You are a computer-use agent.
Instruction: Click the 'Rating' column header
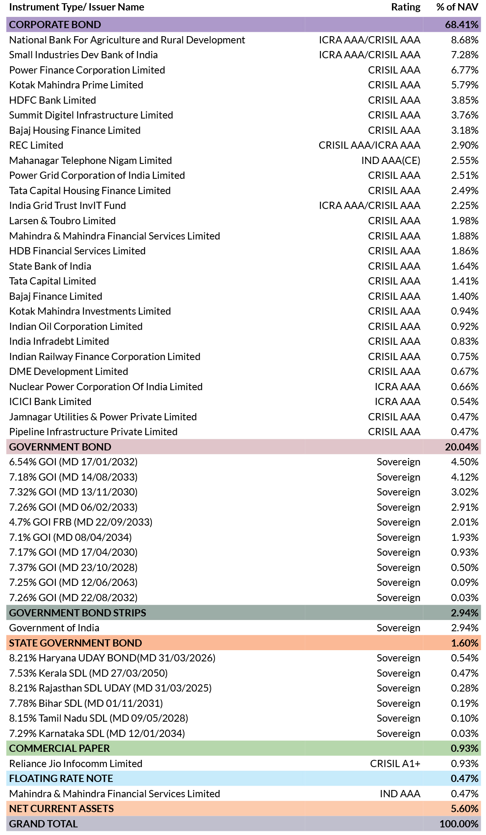tap(406, 7)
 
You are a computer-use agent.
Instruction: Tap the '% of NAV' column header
tap(457, 7)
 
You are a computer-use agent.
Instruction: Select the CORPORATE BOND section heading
tap(55, 25)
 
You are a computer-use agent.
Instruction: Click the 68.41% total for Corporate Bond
tap(461, 25)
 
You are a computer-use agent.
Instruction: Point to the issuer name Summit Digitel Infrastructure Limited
tap(91, 115)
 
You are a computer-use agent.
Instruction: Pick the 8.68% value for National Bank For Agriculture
tap(465, 40)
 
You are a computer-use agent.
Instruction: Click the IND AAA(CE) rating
tap(391, 161)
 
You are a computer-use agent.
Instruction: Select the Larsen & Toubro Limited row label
tap(62, 221)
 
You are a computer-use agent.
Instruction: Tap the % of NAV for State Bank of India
tap(465, 266)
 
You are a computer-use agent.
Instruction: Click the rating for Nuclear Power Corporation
tap(398, 387)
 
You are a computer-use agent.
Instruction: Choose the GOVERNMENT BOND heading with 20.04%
tap(60, 447)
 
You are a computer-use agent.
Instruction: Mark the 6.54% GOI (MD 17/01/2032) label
tap(74, 462)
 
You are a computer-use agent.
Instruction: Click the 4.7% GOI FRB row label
tap(81, 522)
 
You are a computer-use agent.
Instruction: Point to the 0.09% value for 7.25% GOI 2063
tap(465, 582)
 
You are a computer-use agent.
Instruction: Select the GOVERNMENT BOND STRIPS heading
tap(78, 613)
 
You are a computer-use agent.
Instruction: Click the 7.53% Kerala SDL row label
tap(88, 673)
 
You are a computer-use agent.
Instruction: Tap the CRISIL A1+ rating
tap(395, 763)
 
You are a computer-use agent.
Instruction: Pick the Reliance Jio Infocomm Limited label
tap(76, 763)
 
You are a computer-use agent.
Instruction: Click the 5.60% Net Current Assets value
tap(465, 808)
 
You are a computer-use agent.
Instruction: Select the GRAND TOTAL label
tap(43, 824)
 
